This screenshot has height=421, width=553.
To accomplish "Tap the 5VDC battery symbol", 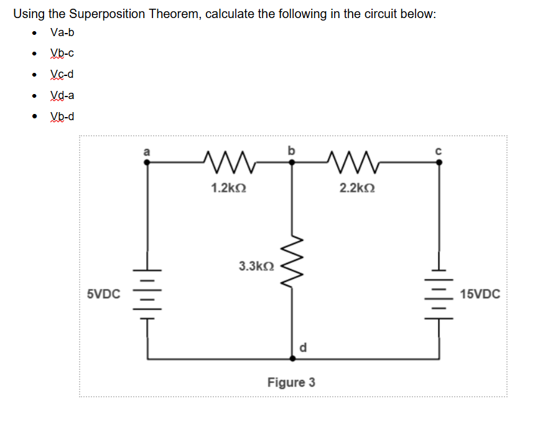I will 147,294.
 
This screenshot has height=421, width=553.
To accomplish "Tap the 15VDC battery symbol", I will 439,294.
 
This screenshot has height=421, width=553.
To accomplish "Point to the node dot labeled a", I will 147,162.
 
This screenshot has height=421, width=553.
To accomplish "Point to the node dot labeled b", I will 294,162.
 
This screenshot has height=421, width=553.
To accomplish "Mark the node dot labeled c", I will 439,162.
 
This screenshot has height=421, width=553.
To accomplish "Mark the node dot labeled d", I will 294,358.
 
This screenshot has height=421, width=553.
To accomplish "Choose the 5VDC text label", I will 104,294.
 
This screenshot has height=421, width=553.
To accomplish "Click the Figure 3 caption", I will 291,382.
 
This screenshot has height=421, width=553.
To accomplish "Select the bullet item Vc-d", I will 62,75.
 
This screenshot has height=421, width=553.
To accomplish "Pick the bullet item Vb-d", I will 63,116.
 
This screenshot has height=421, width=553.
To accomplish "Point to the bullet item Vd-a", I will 63,95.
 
